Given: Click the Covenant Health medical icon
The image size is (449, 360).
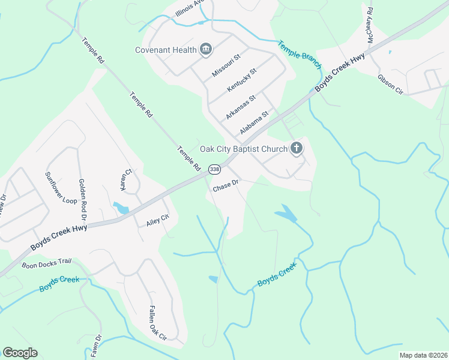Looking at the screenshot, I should point(206,49).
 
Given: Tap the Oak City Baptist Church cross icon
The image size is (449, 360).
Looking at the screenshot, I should point(296,148).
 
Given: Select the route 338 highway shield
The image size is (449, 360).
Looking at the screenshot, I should point(214,170).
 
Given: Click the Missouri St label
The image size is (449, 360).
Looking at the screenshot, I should point(226,64).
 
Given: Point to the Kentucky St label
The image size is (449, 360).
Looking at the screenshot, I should point(241,80).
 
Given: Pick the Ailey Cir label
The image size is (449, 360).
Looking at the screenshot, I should point(158,222).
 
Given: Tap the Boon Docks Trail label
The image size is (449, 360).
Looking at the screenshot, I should point(46,263).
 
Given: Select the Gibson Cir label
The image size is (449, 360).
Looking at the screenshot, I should point(390,84).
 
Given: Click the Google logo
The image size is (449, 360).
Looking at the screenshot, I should point(20,353).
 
